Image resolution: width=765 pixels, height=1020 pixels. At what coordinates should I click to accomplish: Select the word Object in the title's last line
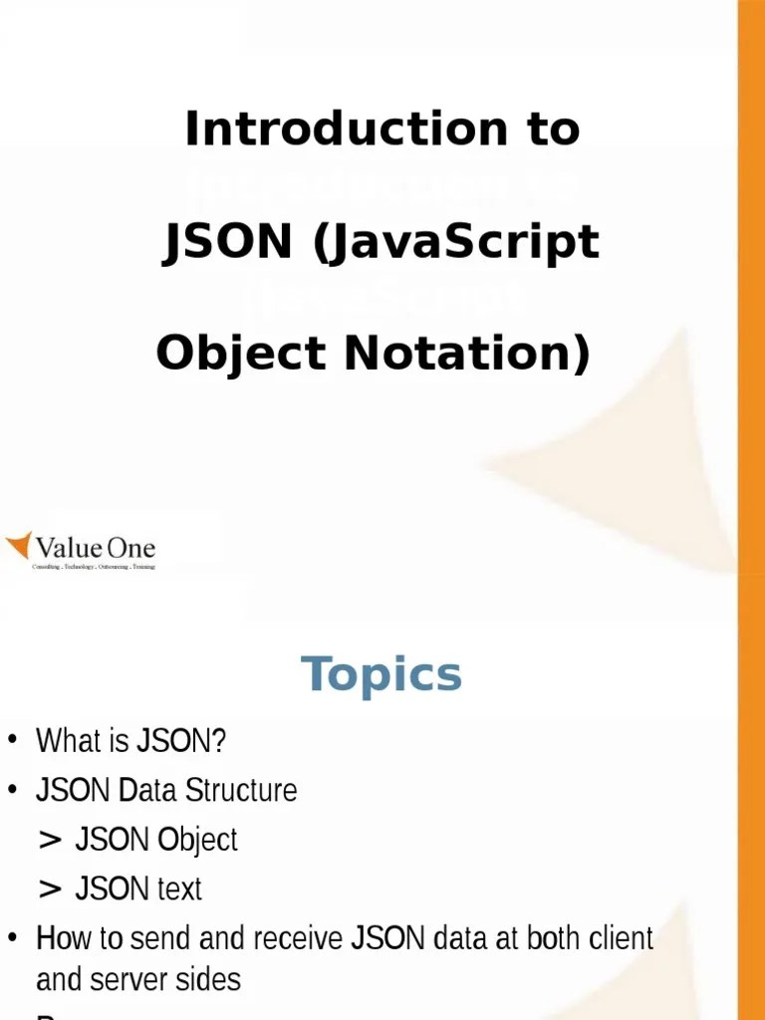coord(241,354)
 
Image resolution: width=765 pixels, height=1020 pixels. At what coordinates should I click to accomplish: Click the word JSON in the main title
coord(227,242)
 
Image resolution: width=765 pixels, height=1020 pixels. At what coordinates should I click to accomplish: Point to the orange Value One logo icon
coord(19,546)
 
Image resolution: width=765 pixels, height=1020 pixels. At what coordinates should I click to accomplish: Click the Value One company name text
coord(96,547)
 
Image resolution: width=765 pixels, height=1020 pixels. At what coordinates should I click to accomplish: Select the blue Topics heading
coord(382,674)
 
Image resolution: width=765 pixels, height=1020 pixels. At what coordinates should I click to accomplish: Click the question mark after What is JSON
coord(219,741)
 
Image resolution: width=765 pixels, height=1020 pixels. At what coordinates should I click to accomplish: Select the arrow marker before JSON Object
coord(50,840)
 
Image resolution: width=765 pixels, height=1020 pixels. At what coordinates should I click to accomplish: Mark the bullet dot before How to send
coord(13,937)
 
